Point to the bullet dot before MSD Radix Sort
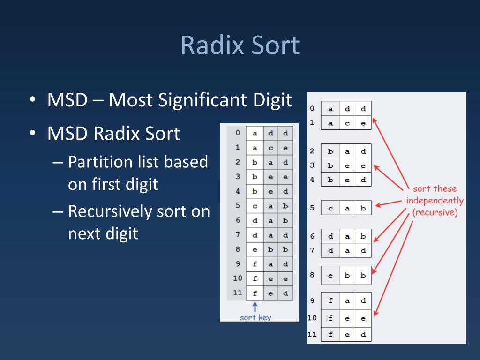(32, 134)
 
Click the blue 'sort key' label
(255, 317)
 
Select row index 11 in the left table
(238, 293)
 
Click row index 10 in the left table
(238, 278)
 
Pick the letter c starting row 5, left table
(255, 206)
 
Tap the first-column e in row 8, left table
(255, 249)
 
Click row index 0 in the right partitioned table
(312, 109)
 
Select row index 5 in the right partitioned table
(312, 207)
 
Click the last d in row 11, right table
(363, 335)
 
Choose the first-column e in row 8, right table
(330, 276)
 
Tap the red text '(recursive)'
(435, 212)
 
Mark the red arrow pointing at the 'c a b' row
(389, 204)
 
